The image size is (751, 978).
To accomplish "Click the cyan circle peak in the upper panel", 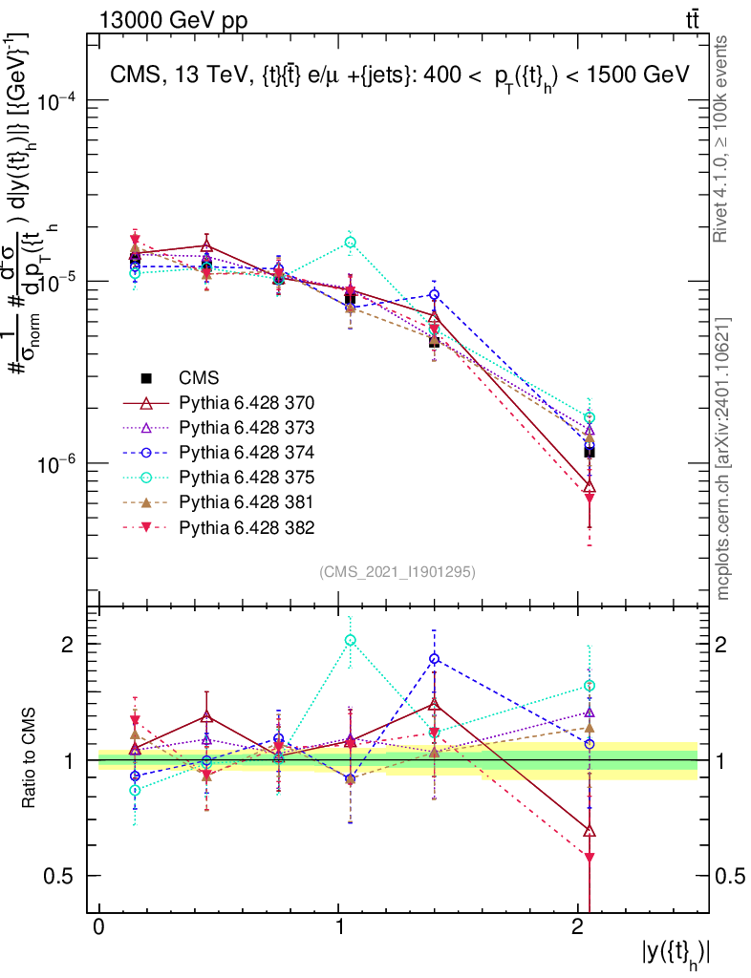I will click(350, 243).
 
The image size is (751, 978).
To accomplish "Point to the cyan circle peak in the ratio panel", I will click(350, 640).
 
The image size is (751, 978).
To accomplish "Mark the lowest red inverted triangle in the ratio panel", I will click(590, 859).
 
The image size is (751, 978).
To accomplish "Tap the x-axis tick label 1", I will click(339, 928).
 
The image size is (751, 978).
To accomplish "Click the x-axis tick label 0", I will click(99, 928).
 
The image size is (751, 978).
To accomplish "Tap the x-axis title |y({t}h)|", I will click(675, 953).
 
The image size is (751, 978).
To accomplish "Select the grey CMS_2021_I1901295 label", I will click(397, 571).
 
